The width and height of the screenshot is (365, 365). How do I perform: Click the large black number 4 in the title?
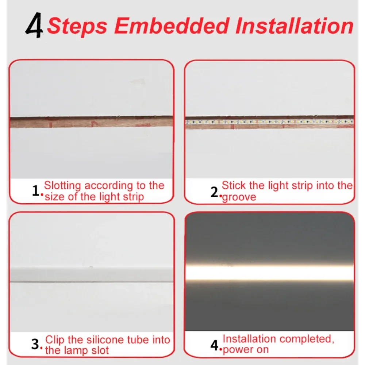tap(34, 26)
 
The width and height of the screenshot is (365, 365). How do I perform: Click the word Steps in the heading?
tap(77, 26)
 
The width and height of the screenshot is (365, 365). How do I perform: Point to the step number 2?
tap(214, 192)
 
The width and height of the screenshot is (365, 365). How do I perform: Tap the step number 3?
tap(35, 344)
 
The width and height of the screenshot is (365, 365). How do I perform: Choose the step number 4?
tap(215, 345)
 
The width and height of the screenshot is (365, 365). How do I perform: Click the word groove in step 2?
tap(239, 197)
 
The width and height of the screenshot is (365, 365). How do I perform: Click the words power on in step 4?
tap(245, 349)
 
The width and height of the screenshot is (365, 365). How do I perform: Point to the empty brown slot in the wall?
tap(91, 122)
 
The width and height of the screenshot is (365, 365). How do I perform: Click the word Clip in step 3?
tap(55, 340)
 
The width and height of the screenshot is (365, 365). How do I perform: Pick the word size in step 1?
tap(54, 197)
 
